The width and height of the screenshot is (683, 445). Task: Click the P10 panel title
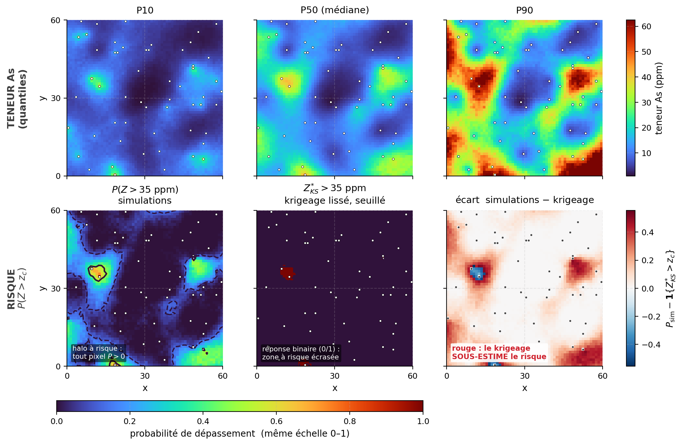click(145, 10)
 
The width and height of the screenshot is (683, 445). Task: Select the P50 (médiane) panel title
click(335, 10)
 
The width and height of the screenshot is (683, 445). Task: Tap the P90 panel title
click(524, 10)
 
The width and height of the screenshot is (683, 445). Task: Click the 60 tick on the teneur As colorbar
click(646, 26)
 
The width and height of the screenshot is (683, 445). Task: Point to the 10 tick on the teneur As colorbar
click(646, 153)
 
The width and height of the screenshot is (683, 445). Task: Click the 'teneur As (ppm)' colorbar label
click(659, 98)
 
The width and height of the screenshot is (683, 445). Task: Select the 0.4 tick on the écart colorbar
click(648, 232)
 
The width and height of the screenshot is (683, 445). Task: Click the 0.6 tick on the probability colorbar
click(276, 421)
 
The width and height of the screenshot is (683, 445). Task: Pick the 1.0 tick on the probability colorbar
click(423, 421)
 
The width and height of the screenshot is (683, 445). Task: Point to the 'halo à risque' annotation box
click(98, 352)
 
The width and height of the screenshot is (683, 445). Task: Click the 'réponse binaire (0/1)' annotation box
click(301, 353)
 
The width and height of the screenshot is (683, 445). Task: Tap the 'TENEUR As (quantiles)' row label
click(17, 98)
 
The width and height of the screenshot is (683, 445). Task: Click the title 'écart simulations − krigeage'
click(524, 200)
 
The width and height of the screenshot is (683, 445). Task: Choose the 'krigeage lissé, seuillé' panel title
click(335, 200)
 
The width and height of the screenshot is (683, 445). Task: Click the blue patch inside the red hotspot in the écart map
click(477, 273)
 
